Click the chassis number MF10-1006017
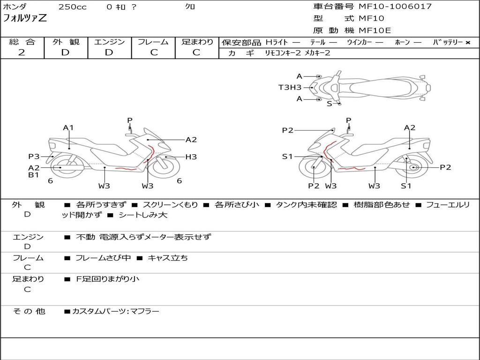(395, 7)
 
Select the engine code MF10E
(375, 31)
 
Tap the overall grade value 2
(22, 52)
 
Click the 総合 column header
(22, 42)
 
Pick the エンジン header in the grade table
(109, 42)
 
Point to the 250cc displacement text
(72, 7)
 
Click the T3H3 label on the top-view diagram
(290, 87)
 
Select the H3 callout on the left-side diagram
(191, 157)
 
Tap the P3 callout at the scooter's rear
(34, 157)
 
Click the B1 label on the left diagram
(33, 175)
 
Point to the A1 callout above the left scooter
(68, 127)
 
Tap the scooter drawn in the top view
(375, 87)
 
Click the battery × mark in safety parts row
(467, 42)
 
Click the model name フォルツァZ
(25, 19)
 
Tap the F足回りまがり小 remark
(107, 279)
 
